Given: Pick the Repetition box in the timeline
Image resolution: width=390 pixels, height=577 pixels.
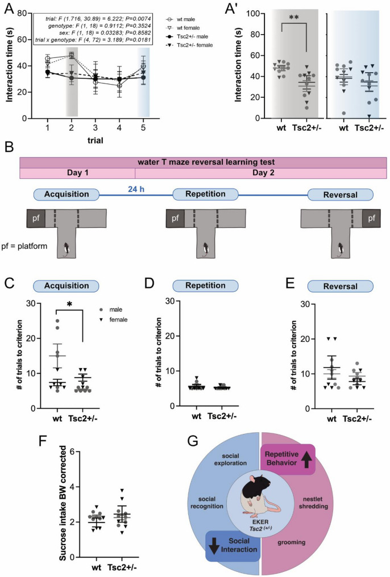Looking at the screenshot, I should click(x=201, y=194).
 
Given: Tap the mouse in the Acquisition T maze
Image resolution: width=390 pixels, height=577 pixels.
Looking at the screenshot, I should click(x=67, y=247).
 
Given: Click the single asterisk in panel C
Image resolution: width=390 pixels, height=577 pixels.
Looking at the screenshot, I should click(x=68, y=304).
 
